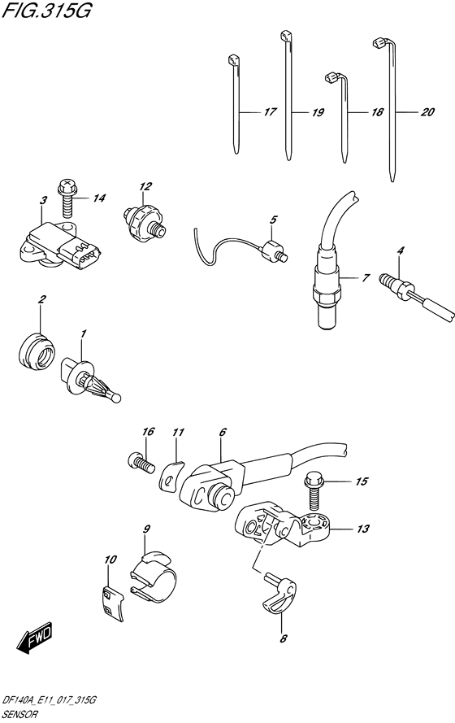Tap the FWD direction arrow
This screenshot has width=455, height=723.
[37, 641]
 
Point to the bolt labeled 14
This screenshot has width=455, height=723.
[67, 195]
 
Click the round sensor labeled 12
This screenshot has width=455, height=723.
[145, 219]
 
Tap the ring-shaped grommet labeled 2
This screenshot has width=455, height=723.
[36, 352]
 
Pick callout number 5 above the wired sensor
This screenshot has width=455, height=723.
[274, 220]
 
